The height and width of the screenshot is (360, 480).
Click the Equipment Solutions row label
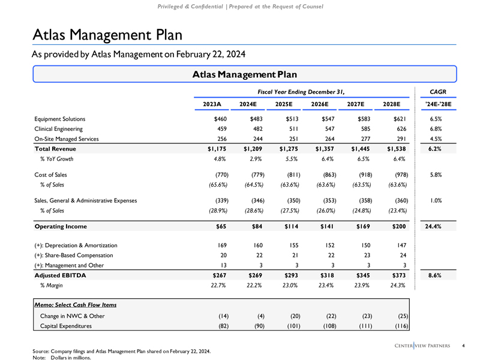[60, 119]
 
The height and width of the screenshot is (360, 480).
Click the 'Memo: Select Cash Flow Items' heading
[76, 305]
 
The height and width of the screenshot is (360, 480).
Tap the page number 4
[464, 344]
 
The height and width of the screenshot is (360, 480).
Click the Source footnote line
[122, 350]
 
